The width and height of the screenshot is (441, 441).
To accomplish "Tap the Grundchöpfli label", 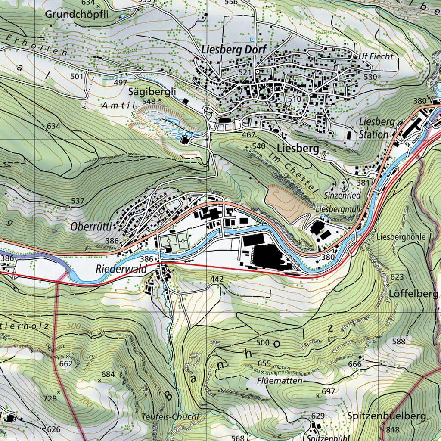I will coord(78,14).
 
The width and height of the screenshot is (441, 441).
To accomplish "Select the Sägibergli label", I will coord(146,91).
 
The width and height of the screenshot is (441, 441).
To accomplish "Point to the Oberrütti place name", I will coord(91,227).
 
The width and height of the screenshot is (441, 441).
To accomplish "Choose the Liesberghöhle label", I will coord(401,237).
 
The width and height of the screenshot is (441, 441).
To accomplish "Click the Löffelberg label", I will coord(413,294).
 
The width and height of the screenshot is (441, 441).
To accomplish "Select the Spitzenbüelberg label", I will coord(386,416).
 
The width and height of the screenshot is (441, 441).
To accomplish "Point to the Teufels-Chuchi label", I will coord(170,416).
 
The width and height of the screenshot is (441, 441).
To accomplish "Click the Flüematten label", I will coord(280,381).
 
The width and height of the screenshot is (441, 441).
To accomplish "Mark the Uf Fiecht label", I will coord(376,56).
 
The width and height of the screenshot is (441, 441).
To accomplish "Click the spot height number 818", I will coord(393,430).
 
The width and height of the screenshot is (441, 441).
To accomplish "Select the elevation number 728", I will coord(50,398).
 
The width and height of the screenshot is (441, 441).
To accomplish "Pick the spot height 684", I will coord(108,374).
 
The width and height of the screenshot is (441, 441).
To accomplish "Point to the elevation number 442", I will coord(217,279).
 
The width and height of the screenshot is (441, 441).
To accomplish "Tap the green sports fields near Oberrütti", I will coord(174,240).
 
